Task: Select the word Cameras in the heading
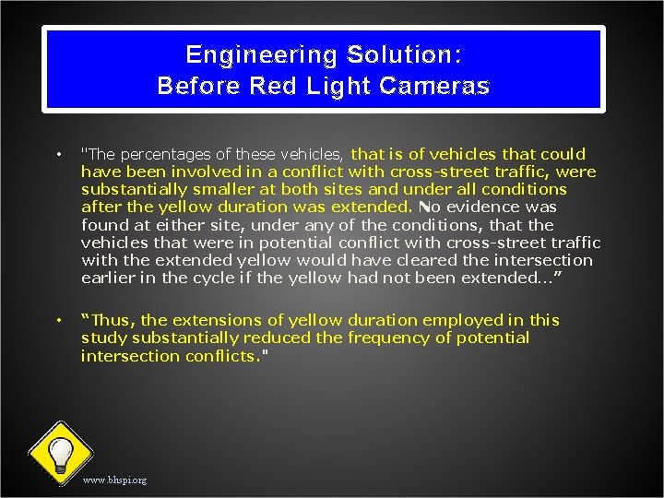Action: pos(433,87)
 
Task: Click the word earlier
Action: pos(108,278)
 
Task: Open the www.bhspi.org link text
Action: pos(114,480)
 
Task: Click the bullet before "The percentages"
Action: pos(57,154)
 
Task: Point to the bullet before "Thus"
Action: pos(57,320)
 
